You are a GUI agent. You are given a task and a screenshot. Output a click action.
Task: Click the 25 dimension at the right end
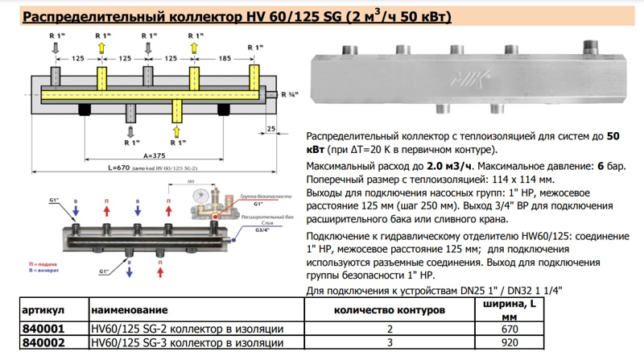click(271, 129)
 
